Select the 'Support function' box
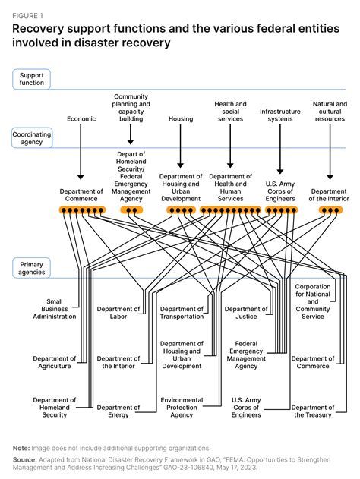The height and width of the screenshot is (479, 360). [x=30, y=77]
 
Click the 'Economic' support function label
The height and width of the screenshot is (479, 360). [x=81, y=119]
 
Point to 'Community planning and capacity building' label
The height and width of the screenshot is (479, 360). [x=131, y=108]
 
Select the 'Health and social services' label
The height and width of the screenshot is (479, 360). [x=230, y=112]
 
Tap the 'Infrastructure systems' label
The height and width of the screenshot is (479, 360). [x=279, y=115]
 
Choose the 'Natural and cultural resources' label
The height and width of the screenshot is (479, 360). [x=329, y=112]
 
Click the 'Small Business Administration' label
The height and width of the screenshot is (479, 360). [x=54, y=308]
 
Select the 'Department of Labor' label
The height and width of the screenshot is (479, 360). [x=118, y=313]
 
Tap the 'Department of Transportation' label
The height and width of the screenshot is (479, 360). [x=181, y=313]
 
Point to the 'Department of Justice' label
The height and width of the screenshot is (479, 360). [x=246, y=313]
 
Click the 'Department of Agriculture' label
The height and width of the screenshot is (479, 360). [x=54, y=362]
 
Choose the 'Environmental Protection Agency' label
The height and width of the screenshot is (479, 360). [x=181, y=407]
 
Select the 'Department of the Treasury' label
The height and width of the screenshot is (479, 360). [x=312, y=411]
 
